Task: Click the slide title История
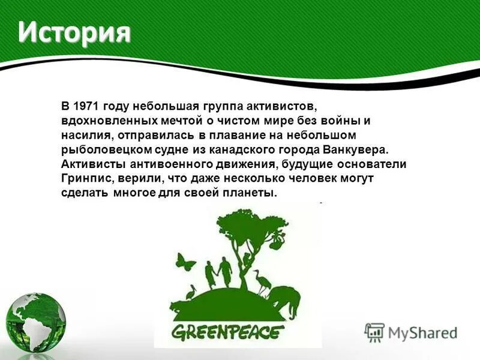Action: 74,32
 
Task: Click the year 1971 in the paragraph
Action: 87,106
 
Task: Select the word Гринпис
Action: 84,179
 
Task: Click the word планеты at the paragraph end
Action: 251,193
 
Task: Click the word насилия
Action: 83,135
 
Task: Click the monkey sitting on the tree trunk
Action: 246,260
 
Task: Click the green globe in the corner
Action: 35,321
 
